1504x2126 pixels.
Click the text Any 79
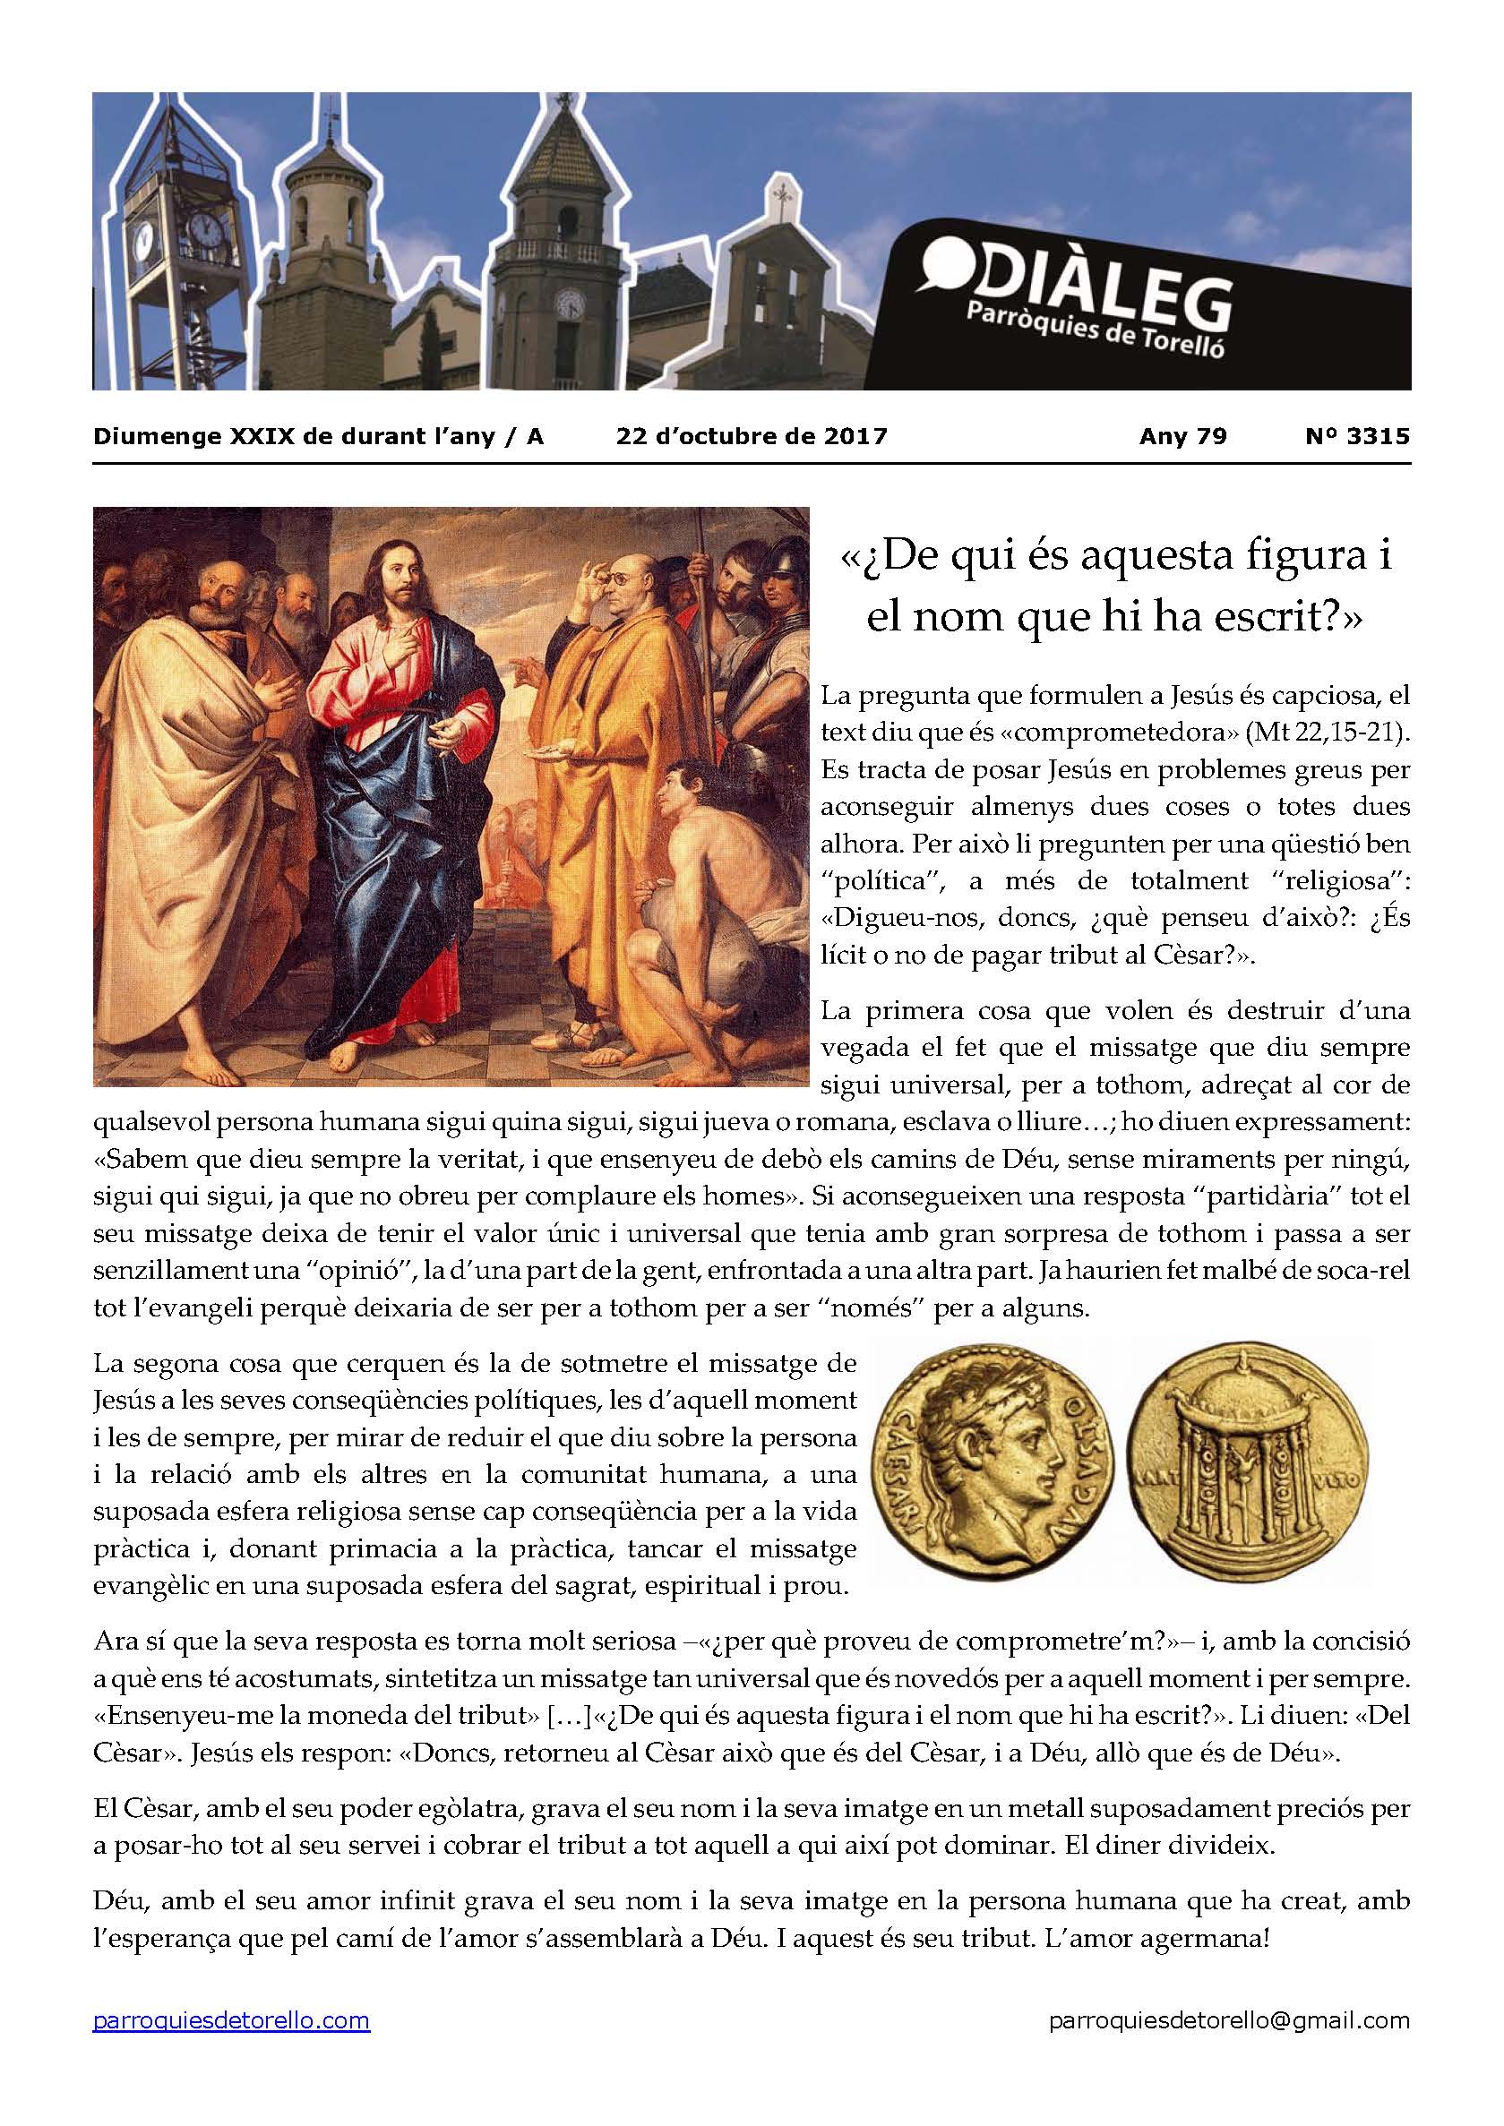coord(1182,436)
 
